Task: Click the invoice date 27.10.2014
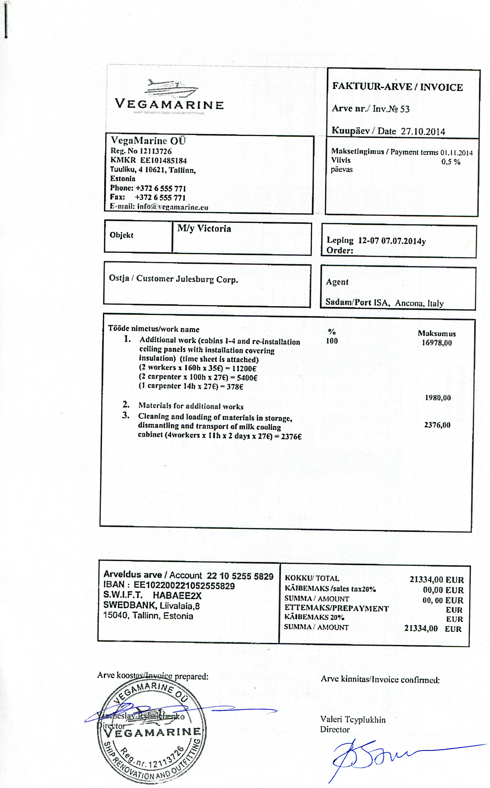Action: point(423,131)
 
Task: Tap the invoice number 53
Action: point(405,109)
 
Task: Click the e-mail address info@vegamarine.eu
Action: point(173,207)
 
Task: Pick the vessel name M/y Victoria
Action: point(204,229)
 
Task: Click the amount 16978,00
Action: point(437,343)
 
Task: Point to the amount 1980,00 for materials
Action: point(438,398)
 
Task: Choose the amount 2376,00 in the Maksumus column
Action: point(437,425)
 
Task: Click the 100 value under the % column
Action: point(332,341)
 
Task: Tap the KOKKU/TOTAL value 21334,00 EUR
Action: point(437,580)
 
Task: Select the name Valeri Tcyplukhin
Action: point(353,720)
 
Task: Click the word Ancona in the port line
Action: point(409,303)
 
